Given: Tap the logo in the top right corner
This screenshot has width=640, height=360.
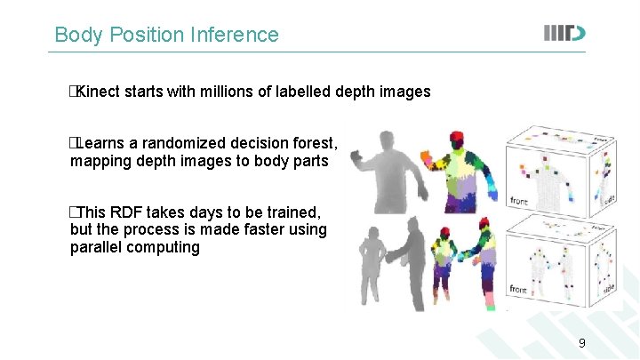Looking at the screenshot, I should tap(564, 34).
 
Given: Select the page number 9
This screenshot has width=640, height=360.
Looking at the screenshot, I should tap(582, 343).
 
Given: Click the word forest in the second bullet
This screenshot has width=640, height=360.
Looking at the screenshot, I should tap(314, 143).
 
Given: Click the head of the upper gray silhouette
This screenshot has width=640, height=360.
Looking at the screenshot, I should tap(387, 142).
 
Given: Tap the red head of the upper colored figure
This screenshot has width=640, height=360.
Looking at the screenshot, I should tap(458, 140).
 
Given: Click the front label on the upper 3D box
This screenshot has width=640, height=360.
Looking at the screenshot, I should tap(519, 202).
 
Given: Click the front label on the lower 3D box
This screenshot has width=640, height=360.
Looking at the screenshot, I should tap(519, 290).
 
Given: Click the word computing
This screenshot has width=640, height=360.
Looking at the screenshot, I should tap(168, 247).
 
